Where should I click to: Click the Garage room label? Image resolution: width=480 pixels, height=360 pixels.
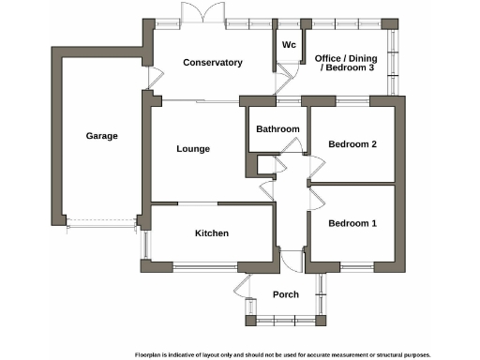pos(102,136)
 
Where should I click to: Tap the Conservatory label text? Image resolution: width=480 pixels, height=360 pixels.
pos(213,63)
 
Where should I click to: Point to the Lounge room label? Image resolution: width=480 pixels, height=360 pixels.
pos(193,148)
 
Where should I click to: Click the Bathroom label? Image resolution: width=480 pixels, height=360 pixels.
pos(277,129)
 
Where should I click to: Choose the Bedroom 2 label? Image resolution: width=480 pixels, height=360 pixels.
pos(352,144)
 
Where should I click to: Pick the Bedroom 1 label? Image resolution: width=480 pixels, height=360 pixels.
pos(352,223)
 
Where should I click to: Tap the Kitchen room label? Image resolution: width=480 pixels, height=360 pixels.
pos(212,233)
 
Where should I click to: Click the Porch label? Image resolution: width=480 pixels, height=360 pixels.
pos(286,294)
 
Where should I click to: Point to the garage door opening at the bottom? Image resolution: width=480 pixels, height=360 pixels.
pos(102,223)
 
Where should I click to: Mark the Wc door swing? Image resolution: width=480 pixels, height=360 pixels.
pos(288,78)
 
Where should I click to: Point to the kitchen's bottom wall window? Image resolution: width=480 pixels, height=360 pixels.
pos(205,268)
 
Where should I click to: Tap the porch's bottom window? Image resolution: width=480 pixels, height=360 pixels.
pos(286,321)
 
